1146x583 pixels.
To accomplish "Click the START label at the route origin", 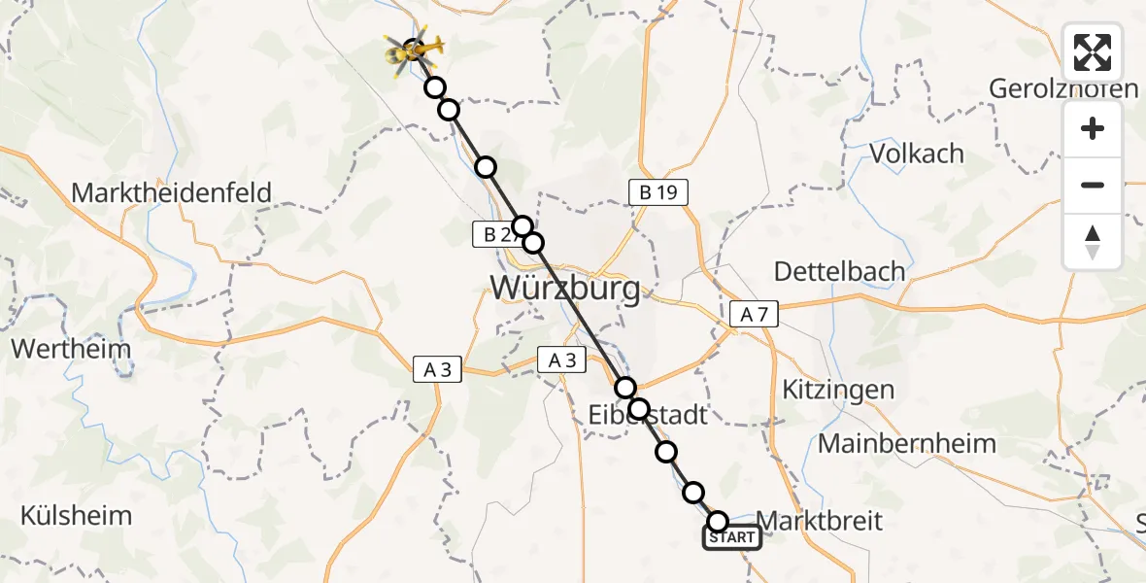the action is pyautogui.click(x=732, y=537).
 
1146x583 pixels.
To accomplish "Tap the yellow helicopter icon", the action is pyautogui.click(x=415, y=49).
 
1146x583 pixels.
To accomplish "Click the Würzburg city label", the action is pyautogui.click(x=565, y=288).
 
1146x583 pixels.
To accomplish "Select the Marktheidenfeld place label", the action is pyautogui.click(x=171, y=192).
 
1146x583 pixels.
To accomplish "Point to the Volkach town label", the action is pyautogui.click(x=917, y=154).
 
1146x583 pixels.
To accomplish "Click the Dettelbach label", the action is pyautogui.click(x=841, y=271).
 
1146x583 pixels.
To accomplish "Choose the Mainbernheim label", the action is pyautogui.click(x=907, y=444).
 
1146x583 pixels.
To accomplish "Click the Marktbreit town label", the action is pyautogui.click(x=819, y=521).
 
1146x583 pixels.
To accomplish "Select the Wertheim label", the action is pyautogui.click(x=59, y=347).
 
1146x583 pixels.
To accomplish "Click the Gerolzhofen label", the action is pyautogui.click(x=1063, y=89).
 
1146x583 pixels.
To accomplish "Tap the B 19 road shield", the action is pyautogui.click(x=657, y=192).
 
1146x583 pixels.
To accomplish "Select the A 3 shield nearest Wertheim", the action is pyautogui.click(x=437, y=368).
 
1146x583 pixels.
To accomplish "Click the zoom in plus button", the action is pyautogui.click(x=1093, y=128).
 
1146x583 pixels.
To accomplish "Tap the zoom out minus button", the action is pyautogui.click(x=1093, y=185).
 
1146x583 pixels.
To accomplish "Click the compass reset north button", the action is pyautogui.click(x=1093, y=241).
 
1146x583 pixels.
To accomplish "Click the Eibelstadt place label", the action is pyautogui.click(x=648, y=416).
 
